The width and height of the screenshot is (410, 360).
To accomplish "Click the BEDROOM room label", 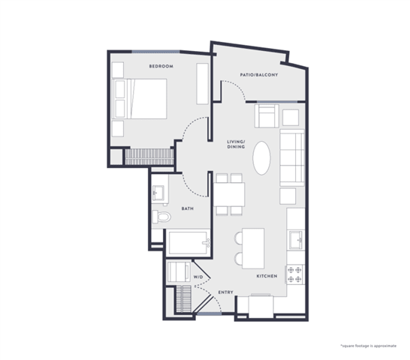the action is point(161,66).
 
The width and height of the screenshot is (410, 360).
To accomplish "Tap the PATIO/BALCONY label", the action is point(259,75).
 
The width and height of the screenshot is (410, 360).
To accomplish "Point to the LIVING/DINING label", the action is point(236,144).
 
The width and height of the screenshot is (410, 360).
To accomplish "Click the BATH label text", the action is point(188,208).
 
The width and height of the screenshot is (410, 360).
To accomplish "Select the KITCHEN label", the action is point(267,276).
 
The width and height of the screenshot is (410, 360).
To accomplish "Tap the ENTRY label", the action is point(226,292).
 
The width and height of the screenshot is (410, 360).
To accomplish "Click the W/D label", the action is point(198,277).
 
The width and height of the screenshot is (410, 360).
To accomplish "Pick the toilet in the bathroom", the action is point(161,217).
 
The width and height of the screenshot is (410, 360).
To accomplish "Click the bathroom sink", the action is point(158,193).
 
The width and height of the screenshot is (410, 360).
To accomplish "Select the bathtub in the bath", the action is point(189,243).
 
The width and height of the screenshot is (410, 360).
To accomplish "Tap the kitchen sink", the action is point(296,240).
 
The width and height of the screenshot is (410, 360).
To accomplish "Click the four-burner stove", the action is point(294,274).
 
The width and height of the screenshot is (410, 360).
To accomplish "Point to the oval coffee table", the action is point(261,158).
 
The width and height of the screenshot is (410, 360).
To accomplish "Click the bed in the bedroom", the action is point(140,99).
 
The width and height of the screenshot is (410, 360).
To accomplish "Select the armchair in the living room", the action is point(267,116).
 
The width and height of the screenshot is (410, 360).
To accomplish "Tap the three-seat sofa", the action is point(292,157).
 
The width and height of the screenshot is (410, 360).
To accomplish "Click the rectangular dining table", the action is point(229,195).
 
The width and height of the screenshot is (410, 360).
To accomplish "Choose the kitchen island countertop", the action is point(253,248).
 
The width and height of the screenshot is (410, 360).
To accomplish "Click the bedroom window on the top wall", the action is point(156,52).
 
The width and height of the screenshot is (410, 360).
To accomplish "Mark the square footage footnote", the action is point(369,346).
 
